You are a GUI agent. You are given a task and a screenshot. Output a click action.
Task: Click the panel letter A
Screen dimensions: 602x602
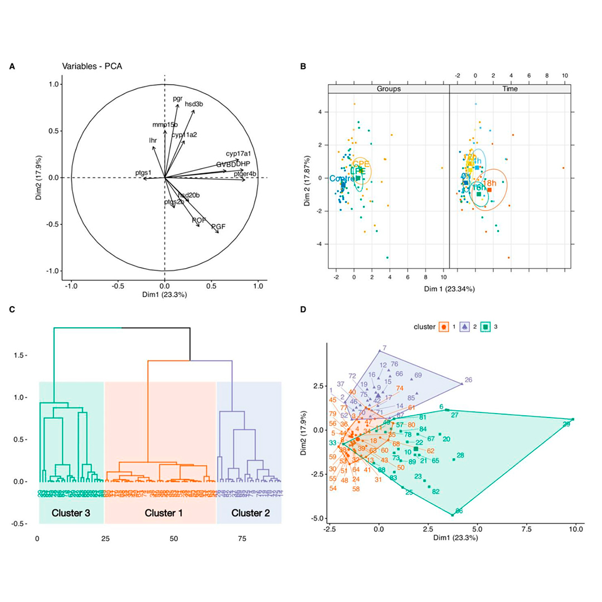12,66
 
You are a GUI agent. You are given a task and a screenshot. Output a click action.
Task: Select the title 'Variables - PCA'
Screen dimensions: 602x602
92,66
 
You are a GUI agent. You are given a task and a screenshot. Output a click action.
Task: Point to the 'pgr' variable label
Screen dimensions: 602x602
178,99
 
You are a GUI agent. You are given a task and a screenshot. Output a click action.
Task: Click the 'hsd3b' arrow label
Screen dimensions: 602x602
194,104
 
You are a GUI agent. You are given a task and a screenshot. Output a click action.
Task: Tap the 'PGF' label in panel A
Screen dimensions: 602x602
218,226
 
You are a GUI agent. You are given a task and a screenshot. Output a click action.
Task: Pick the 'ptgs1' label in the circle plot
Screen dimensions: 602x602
144,173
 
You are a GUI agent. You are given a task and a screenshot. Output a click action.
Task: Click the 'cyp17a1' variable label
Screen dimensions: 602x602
238,153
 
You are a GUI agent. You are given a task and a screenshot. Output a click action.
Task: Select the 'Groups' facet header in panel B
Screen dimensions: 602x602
389,89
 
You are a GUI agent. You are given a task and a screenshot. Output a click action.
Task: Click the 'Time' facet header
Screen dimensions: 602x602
510,89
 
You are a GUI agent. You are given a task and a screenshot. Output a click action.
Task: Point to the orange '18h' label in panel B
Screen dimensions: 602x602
489,183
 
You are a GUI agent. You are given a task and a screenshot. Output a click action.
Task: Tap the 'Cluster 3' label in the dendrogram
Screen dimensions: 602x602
71,512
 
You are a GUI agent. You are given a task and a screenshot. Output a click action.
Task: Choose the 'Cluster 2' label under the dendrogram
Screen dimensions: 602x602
250,512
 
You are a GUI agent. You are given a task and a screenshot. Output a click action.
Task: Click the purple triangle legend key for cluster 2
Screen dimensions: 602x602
464,327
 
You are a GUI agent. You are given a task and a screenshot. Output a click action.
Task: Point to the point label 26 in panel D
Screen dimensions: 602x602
468,380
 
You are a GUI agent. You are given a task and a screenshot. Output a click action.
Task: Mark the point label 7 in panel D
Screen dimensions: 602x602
385,348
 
